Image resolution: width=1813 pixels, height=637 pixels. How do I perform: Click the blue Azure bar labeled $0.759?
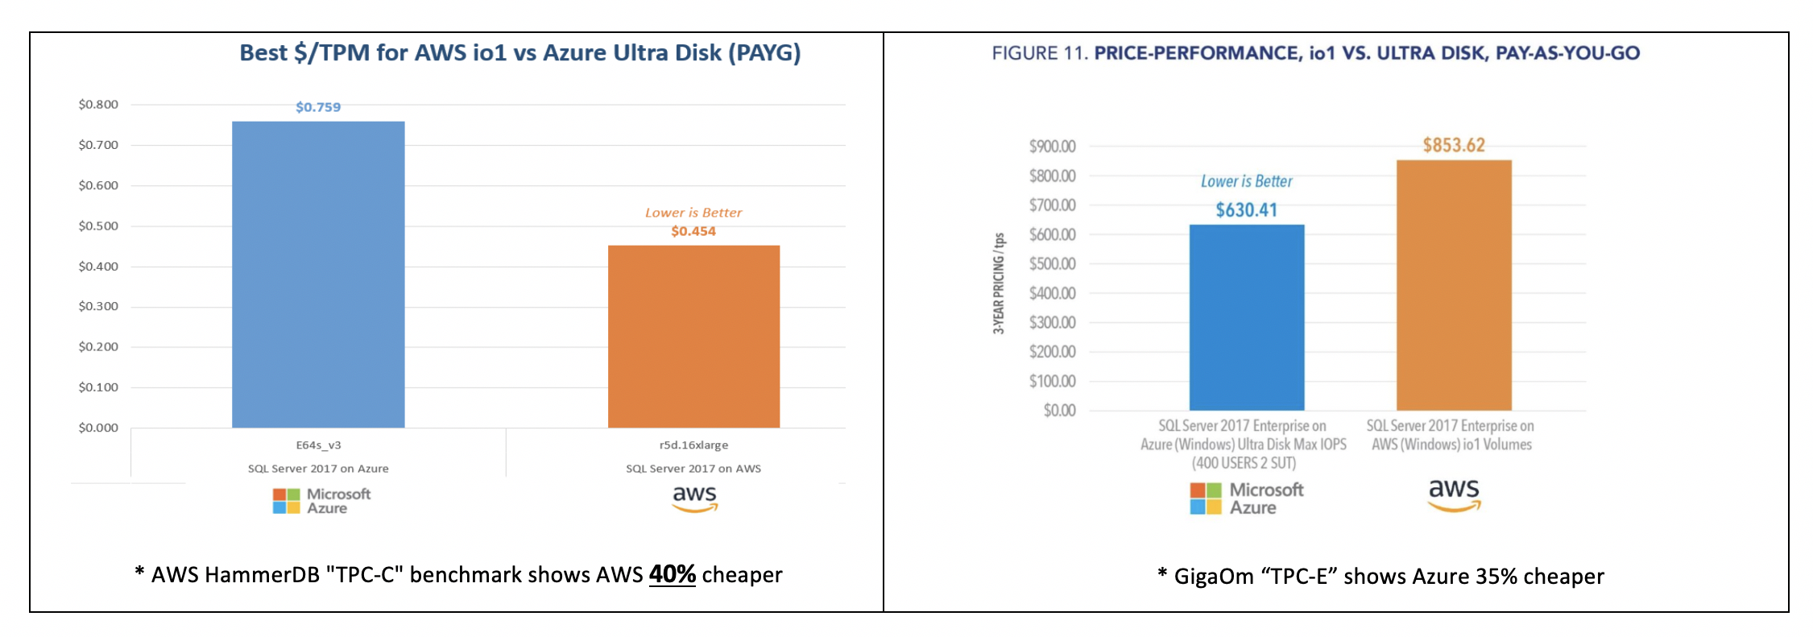tap(318, 274)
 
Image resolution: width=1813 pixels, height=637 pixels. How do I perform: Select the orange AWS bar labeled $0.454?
tap(693, 336)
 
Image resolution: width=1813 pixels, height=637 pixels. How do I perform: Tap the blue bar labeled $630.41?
tap(1246, 317)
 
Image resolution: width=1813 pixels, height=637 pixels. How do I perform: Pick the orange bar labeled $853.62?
tap(1453, 285)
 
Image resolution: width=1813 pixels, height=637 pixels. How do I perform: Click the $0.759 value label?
tap(318, 107)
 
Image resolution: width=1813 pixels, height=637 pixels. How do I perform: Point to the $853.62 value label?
tap(1454, 145)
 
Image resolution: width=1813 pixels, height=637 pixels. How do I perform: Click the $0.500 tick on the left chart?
tap(98, 225)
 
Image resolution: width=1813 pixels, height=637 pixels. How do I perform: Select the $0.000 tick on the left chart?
tap(98, 428)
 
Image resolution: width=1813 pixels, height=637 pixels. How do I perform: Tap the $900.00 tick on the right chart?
tap(1052, 147)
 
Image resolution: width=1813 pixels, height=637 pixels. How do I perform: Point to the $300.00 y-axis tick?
tap(1052, 322)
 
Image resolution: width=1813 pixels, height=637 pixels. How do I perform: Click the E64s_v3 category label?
tap(318, 445)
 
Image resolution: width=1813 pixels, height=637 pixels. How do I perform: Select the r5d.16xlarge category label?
tap(693, 445)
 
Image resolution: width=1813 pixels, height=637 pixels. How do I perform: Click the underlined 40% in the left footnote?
tap(672, 574)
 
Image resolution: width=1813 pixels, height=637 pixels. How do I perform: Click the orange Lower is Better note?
tap(693, 213)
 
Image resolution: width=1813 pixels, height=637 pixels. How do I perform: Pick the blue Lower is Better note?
tap(1246, 182)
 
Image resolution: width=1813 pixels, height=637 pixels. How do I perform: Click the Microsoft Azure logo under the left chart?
tap(321, 501)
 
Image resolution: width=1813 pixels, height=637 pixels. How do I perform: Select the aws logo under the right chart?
tap(1454, 495)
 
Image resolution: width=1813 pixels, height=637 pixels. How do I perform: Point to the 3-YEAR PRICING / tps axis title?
tap(999, 283)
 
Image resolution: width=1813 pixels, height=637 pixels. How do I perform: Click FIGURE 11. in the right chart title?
tap(1039, 53)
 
